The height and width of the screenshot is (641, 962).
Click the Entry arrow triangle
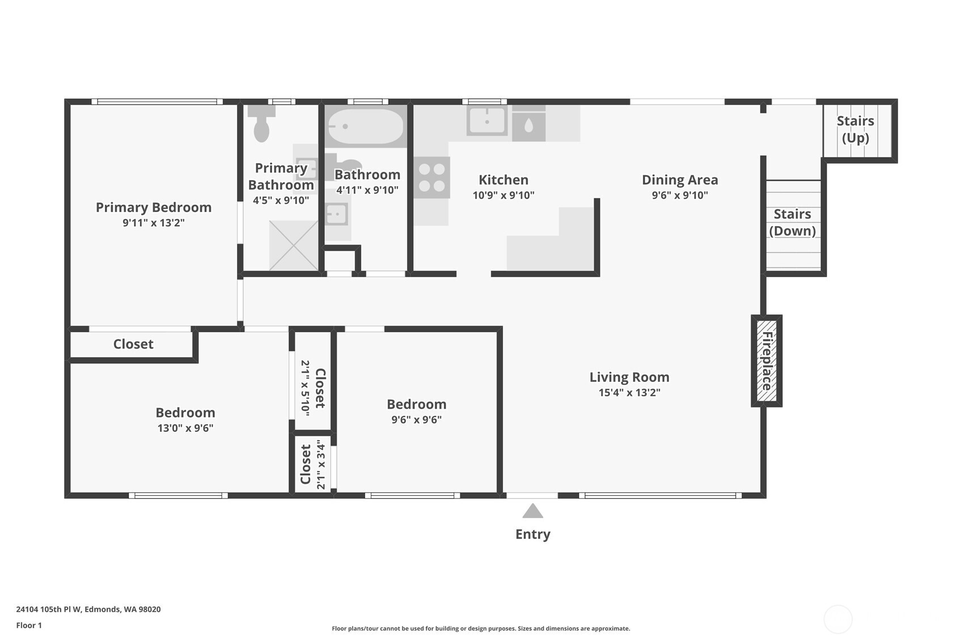pyautogui.click(x=532, y=512)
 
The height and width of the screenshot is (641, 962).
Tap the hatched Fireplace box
pyautogui.click(x=766, y=361)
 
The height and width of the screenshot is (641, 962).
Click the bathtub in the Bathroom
pyautogui.click(x=366, y=126)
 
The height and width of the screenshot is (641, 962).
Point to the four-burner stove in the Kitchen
pyautogui.click(x=431, y=177)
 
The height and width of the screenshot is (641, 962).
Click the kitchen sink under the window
pyautogui.click(x=486, y=121)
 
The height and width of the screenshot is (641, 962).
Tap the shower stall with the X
pyautogui.click(x=293, y=245)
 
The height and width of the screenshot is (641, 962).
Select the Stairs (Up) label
pyautogui.click(x=855, y=129)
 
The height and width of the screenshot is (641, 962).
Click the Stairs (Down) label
pyautogui.click(x=792, y=222)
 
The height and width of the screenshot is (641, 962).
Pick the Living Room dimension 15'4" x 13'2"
pyautogui.click(x=629, y=392)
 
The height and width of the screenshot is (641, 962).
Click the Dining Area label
pyautogui.click(x=679, y=180)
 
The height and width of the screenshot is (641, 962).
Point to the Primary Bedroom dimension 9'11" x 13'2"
pyautogui.click(x=154, y=223)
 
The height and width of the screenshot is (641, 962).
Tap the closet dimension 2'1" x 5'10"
pyautogui.click(x=305, y=388)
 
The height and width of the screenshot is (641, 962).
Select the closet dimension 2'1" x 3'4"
pyautogui.click(x=321, y=464)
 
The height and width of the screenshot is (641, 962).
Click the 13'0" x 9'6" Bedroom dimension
pyautogui.click(x=185, y=428)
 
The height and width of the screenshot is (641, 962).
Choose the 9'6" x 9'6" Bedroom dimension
pyautogui.click(x=416, y=419)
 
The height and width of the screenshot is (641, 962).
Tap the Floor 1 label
pyautogui.click(x=29, y=625)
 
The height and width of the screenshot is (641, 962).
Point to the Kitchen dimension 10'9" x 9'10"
pyautogui.click(x=503, y=195)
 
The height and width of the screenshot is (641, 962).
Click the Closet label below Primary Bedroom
pyautogui.click(x=133, y=344)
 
